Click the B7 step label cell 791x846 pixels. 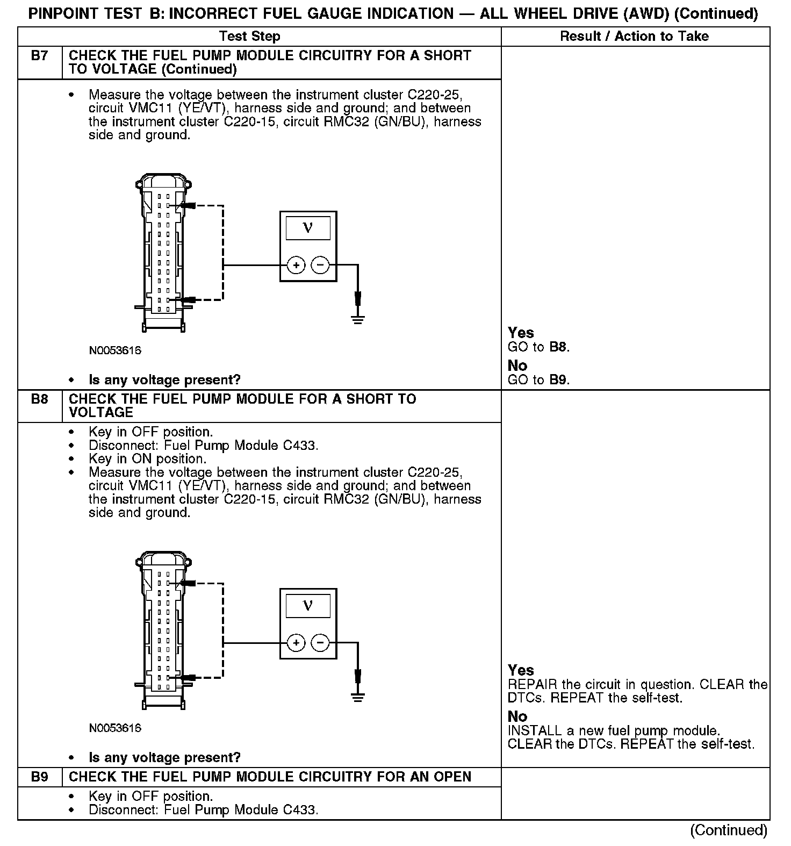pyautogui.click(x=40, y=56)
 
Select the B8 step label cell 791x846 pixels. pyautogui.click(x=40, y=399)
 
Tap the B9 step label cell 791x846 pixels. pyautogui.click(x=40, y=777)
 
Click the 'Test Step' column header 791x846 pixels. pyautogui.click(x=249, y=37)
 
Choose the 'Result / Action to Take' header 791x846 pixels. pyautogui.click(x=634, y=37)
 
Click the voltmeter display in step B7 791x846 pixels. pyautogui.click(x=308, y=228)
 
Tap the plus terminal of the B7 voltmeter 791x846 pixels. pyautogui.click(x=296, y=265)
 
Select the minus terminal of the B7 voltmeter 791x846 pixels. pyautogui.click(x=320, y=265)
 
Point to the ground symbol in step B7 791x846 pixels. pyautogui.click(x=357, y=319)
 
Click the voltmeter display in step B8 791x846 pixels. pyautogui.click(x=308, y=606)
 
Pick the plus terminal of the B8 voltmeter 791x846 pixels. pyautogui.click(x=296, y=643)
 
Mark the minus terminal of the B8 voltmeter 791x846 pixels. pyautogui.click(x=320, y=643)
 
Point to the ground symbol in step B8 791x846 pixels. pyautogui.click(x=357, y=697)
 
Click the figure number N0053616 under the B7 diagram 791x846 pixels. pyautogui.click(x=115, y=351)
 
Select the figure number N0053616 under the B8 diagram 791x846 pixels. pyautogui.click(x=115, y=728)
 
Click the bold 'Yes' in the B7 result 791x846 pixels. pyautogui.click(x=521, y=333)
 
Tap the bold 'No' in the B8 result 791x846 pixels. pyautogui.click(x=517, y=716)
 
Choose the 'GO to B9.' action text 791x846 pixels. pyautogui.click(x=538, y=380)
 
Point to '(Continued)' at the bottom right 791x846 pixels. pyautogui.click(x=728, y=830)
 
